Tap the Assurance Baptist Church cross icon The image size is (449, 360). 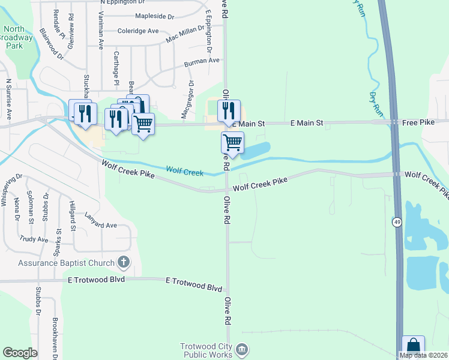pos(124,262)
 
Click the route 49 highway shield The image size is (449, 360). pos(397,223)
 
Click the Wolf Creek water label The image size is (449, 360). pos(184,172)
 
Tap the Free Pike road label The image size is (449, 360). pos(418,122)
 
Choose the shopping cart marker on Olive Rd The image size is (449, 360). pos(232,143)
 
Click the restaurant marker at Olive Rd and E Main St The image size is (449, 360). pos(229,111)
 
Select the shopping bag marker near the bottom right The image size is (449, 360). pos(413,346)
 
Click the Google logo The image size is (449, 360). pos(20,353)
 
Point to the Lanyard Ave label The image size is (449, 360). pos(100,220)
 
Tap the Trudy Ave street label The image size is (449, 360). pos(34,239)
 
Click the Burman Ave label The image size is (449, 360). pos(202,61)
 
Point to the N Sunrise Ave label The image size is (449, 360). pos(9,99)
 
